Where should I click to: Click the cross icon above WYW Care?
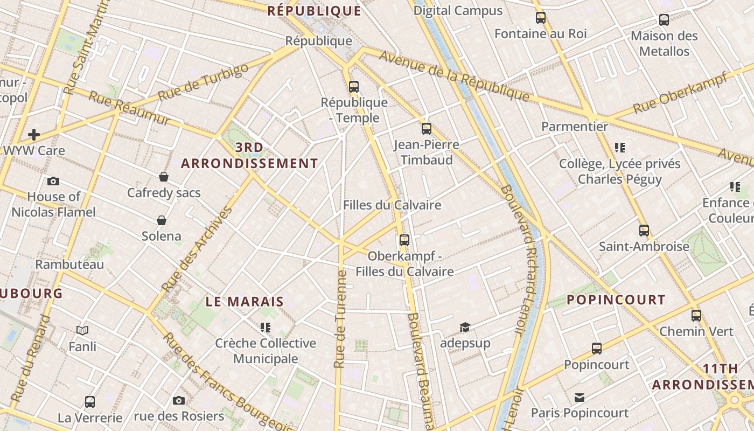click(x=34, y=134)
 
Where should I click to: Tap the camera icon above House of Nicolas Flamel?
click(x=53, y=181)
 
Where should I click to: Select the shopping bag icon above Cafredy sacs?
click(x=164, y=177)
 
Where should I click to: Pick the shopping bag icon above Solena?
click(x=161, y=220)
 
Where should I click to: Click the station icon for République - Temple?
click(x=354, y=86)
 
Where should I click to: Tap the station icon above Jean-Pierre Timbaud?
click(x=427, y=129)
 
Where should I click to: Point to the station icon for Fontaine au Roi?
click(x=541, y=18)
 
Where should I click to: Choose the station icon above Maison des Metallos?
click(x=664, y=20)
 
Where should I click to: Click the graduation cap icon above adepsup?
click(x=465, y=327)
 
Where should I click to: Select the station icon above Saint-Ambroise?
click(x=644, y=231)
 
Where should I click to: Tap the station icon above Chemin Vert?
click(x=696, y=315)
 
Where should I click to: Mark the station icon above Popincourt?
click(x=597, y=349)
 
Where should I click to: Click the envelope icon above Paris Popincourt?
click(x=580, y=398)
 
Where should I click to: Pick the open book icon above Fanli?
click(x=82, y=330)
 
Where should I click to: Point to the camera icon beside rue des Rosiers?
click(x=179, y=400)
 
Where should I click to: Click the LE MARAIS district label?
click(x=245, y=302)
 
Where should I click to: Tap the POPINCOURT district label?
click(x=616, y=300)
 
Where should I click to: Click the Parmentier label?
click(x=575, y=127)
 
